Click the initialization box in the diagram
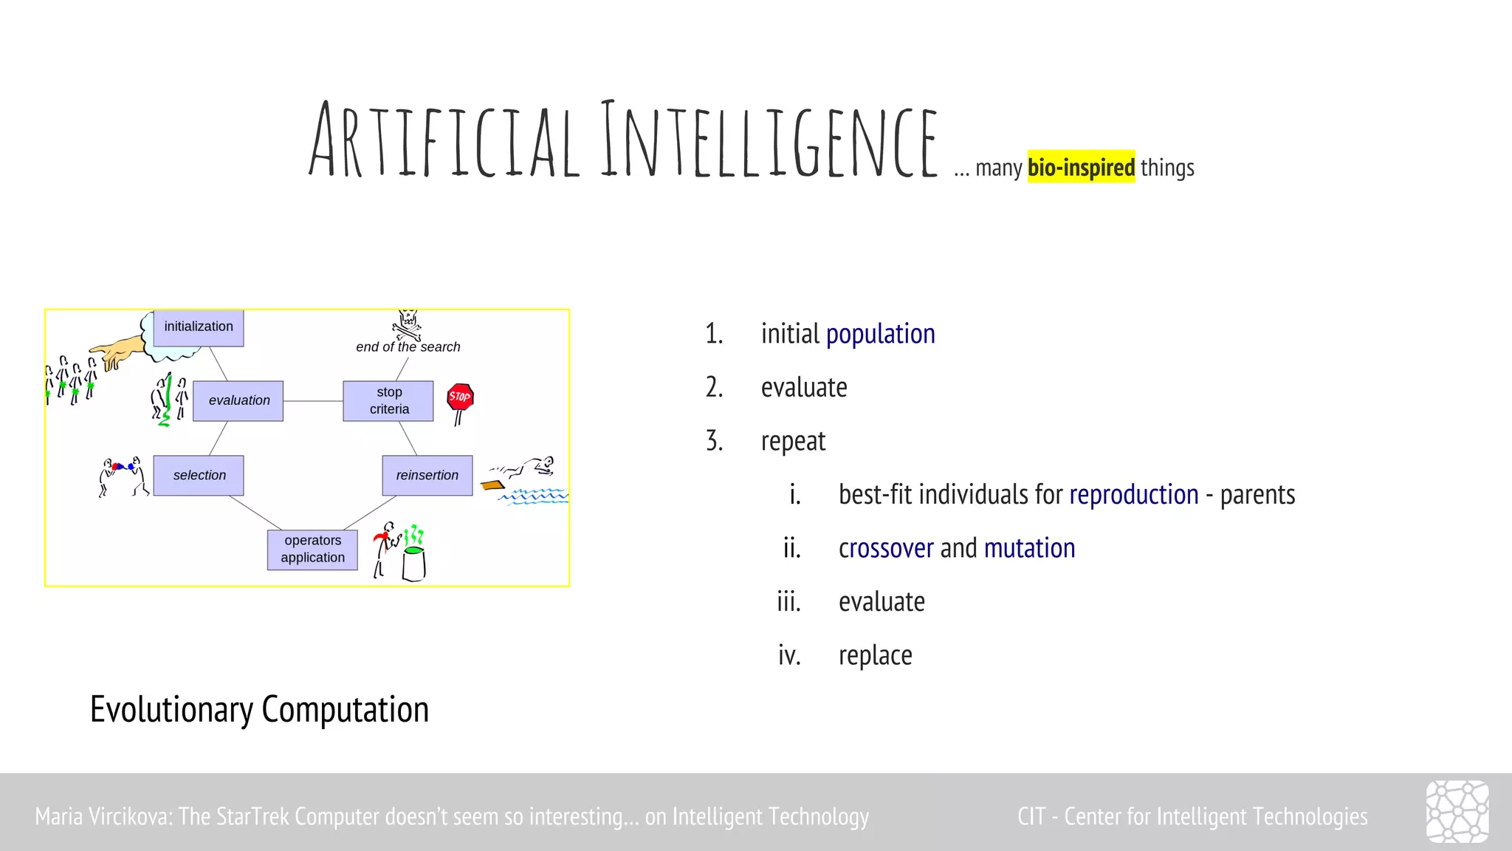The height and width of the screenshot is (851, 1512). click(x=199, y=327)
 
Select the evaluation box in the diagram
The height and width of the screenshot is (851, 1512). click(x=238, y=400)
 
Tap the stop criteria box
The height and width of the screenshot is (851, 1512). click(x=388, y=400)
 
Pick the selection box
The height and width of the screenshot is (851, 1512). click(x=199, y=475)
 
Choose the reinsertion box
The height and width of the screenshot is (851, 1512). click(x=427, y=475)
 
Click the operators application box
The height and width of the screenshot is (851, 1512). click(x=312, y=549)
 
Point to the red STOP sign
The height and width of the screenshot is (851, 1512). click(x=460, y=397)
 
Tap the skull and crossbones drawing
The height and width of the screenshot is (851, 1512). click(x=407, y=324)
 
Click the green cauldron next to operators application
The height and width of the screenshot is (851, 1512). click(x=413, y=563)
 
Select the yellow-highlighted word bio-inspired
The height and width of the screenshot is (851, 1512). click(x=1081, y=168)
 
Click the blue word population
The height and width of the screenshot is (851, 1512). click(x=880, y=334)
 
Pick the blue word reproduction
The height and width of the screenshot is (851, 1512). click(x=1133, y=494)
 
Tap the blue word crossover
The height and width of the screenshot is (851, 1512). click(x=886, y=548)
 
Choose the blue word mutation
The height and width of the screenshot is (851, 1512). click(x=1029, y=548)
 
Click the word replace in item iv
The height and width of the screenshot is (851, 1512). click(x=875, y=655)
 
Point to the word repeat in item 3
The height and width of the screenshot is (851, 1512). click(x=793, y=441)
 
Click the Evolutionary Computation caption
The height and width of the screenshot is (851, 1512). click(x=259, y=709)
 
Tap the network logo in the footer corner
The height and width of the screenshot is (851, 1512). click(x=1457, y=812)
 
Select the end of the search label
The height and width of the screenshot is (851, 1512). click(x=408, y=347)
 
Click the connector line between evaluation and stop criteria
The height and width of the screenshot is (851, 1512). click(x=313, y=401)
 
